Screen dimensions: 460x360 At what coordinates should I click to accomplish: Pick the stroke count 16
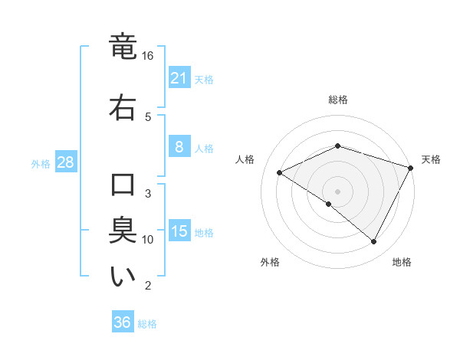(148, 56)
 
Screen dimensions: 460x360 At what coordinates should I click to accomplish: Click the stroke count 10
(148, 239)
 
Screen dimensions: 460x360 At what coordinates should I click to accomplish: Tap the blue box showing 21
(179, 78)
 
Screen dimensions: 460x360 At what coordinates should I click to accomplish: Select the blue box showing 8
(179, 147)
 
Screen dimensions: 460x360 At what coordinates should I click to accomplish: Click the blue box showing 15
(179, 231)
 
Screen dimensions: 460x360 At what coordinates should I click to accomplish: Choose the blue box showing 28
(65, 162)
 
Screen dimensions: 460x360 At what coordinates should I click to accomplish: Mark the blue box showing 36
(123, 322)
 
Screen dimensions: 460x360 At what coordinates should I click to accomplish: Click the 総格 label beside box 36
(147, 324)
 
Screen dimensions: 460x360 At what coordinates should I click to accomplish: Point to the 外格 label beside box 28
(41, 163)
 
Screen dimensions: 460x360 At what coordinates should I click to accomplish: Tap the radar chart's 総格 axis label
(338, 100)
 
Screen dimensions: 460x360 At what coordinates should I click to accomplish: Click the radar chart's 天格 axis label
(432, 159)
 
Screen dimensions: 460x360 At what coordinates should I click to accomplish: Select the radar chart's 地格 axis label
(402, 262)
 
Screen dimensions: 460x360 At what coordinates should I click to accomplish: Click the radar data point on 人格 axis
(280, 172)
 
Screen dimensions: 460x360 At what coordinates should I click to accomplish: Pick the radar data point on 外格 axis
(329, 205)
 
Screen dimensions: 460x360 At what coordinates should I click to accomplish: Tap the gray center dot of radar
(337, 191)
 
